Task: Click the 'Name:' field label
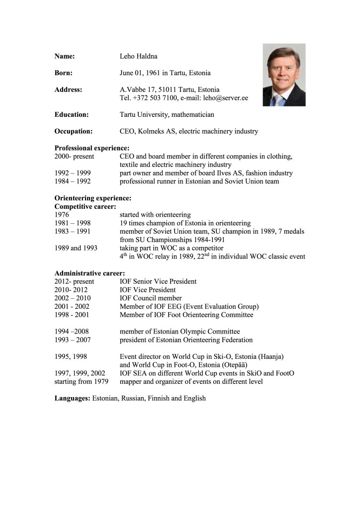(65, 57)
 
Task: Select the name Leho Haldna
(139, 57)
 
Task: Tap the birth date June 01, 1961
(140, 73)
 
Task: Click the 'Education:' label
(72, 115)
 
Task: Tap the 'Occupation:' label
(74, 131)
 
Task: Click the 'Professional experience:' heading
(92, 148)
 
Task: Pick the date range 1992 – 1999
(73, 173)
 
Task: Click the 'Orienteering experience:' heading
(93, 198)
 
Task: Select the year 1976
(62, 215)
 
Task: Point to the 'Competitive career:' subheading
(86, 206)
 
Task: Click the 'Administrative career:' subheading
(90, 273)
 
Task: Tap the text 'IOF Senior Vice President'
(158, 281)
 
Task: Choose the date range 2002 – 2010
(73, 298)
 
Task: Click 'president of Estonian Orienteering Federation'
(186, 340)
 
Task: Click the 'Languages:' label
(72, 398)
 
